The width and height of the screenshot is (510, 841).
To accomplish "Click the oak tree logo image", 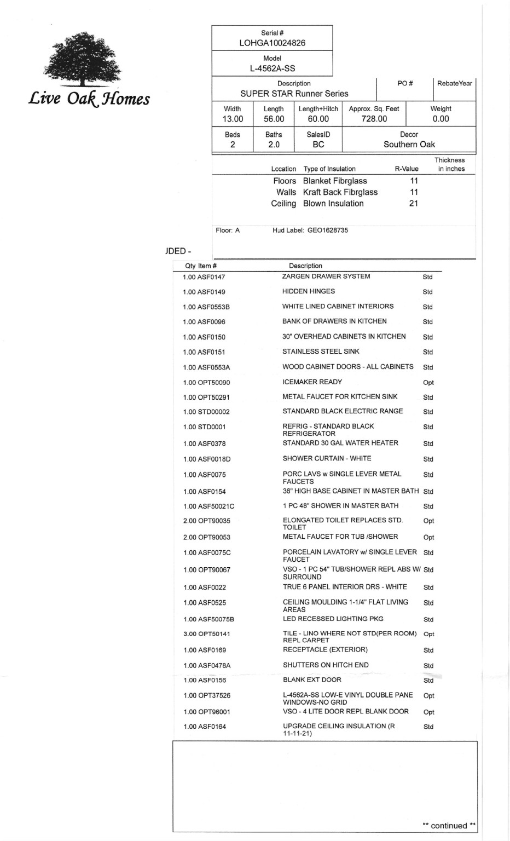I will click(x=82, y=59).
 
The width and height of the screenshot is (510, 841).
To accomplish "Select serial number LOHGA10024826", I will click(x=272, y=43).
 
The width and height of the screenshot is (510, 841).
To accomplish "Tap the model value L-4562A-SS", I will click(x=272, y=68).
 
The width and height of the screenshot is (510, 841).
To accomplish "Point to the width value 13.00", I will click(x=233, y=119).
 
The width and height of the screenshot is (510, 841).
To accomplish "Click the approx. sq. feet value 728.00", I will click(x=374, y=119).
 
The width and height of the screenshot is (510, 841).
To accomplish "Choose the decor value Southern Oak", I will click(x=409, y=145).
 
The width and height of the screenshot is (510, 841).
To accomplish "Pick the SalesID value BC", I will click(x=318, y=145).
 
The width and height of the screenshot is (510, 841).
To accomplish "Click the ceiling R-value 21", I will click(x=413, y=204).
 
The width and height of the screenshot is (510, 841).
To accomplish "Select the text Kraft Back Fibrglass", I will click(x=340, y=192).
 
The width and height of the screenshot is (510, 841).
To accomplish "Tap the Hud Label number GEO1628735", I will click(x=327, y=231).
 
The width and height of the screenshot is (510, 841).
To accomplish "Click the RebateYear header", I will click(x=454, y=83).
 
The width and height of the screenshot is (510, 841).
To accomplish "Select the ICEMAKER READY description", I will click(x=312, y=382).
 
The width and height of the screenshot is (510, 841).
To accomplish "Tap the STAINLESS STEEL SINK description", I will click(x=321, y=352).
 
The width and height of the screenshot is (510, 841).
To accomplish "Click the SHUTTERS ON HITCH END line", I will click(x=326, y=665).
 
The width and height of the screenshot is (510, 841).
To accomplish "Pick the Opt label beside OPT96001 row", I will click(x=428, y=712).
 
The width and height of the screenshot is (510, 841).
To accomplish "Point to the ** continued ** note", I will click(x=449, y=826).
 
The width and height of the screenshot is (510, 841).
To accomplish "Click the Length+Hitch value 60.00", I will click(x=318, y=119).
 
